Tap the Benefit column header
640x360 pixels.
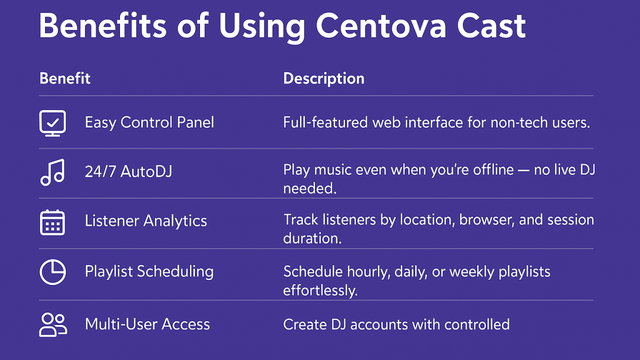tap(65, 78)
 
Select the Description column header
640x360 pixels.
tap(323, 78)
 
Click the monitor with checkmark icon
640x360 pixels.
tap(52, 123)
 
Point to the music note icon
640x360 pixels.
tap(52, 172)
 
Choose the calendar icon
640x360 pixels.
tap(52, 222)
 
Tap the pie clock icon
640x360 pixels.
tap(52, 272)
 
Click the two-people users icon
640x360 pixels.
tap(53, 325)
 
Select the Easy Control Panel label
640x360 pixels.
tap(149, 123)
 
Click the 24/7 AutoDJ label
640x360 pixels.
tap(128, 171)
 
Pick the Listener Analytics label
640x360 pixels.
tap(146, 221)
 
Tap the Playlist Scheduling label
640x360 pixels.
tap(149, 271)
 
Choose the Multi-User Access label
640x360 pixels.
tap(147, 324)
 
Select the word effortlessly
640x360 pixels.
tap(320, 290)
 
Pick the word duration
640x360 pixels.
tap(312, 238)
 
